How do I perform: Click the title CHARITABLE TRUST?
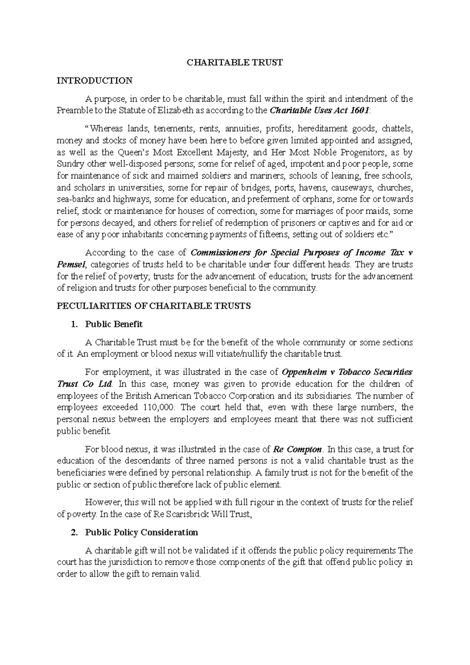[234, 63]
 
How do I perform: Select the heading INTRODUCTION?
[95, 81]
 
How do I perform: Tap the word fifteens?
[271, 235]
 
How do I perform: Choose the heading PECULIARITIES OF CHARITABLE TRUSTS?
[154, 306]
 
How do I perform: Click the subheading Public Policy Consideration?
[142, 533]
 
